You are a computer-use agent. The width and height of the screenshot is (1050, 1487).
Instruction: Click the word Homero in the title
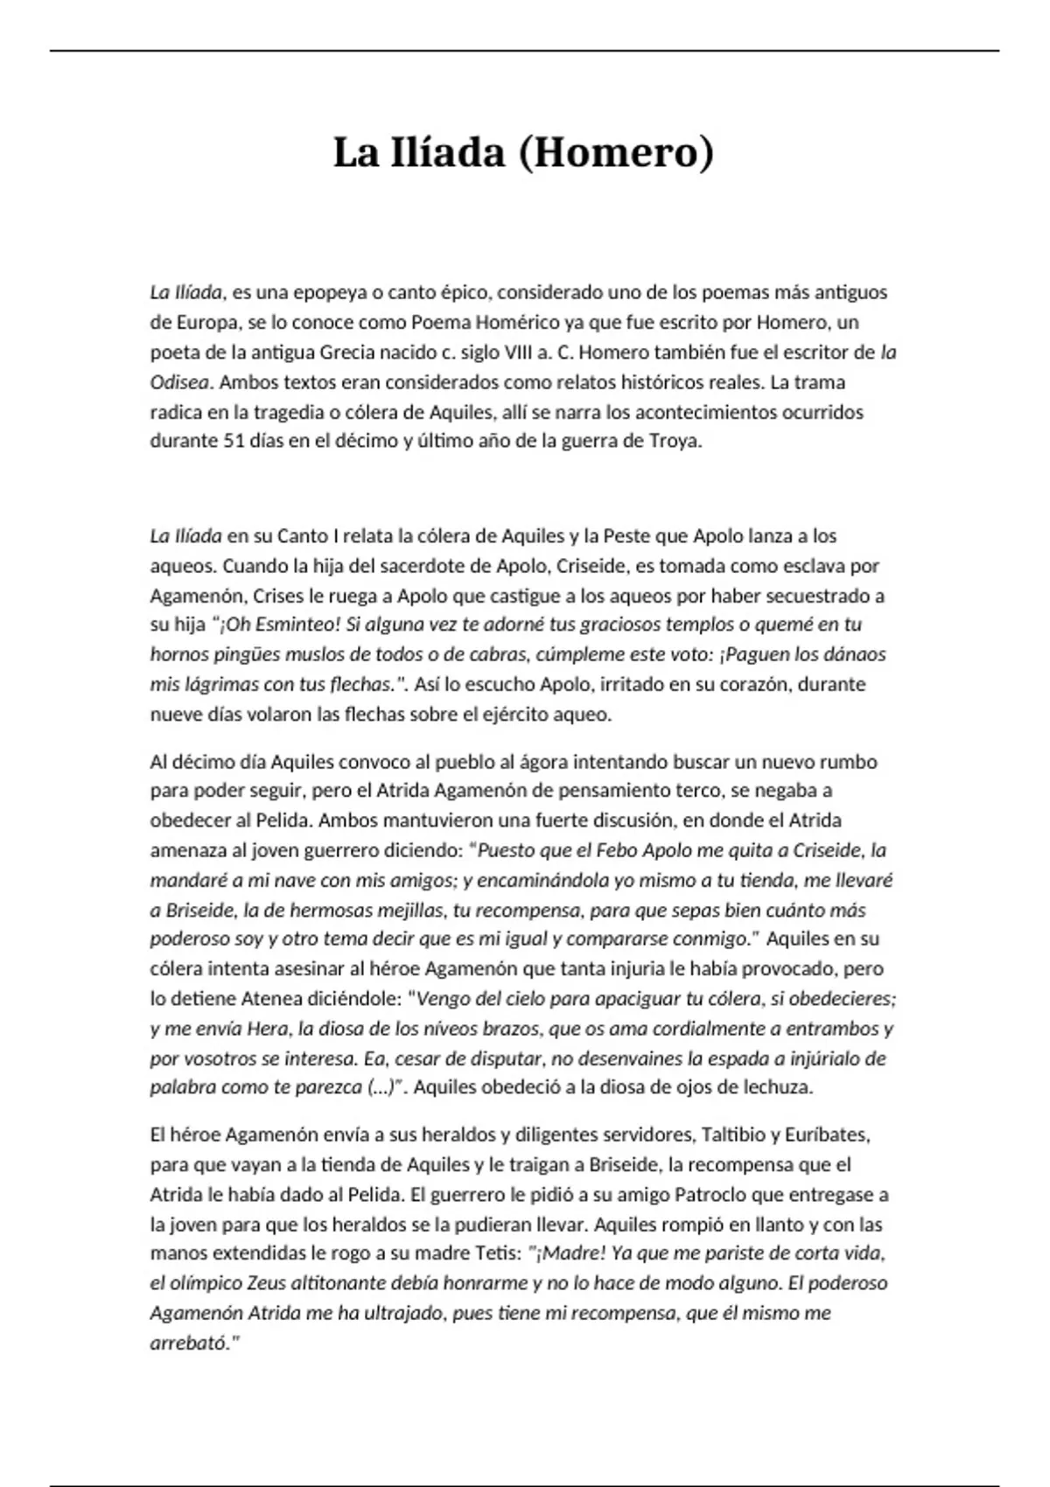[616, 153]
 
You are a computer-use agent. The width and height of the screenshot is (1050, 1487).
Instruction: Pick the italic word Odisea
[179, 381]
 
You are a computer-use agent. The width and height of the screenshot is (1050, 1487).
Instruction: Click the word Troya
[674, 441]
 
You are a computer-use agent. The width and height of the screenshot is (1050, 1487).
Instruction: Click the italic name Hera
[267, 1029]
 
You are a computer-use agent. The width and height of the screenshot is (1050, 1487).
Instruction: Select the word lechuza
[778, 1088]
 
